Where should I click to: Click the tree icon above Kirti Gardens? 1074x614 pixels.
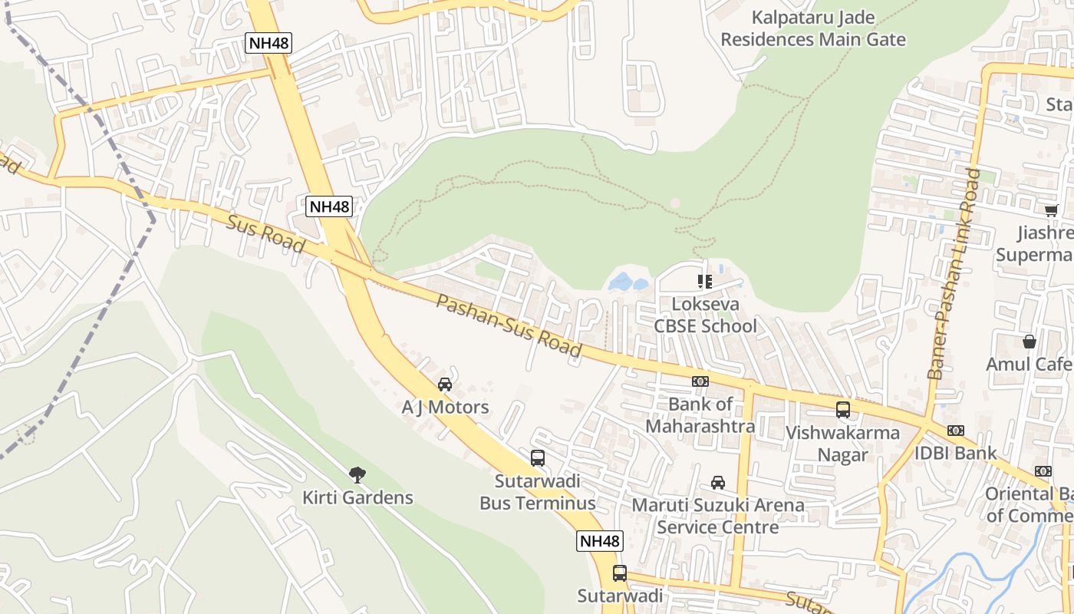[357, 475]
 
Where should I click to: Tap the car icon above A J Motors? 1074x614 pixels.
[444, 385]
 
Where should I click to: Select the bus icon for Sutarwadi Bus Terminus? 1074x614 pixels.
[538, 458]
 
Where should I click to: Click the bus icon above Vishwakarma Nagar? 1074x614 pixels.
[843, 410]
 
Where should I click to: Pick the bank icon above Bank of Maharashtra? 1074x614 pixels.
[700, 381]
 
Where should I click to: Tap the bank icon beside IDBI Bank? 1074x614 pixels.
[956, 431]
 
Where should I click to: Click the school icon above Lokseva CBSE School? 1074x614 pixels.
[704, 282]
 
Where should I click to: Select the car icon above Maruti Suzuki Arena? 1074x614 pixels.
[718, 483]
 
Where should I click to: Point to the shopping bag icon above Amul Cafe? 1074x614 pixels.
[1029, 342]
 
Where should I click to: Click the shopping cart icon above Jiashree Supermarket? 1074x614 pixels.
[1051, 210]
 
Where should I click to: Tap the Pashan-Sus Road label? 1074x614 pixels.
[509, 325]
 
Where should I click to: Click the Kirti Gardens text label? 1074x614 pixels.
[357, 497]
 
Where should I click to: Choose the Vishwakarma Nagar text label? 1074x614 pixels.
[842, 444]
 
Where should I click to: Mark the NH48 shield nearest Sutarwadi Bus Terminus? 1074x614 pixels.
[599, 541]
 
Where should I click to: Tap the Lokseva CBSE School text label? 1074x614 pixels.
[705, 315]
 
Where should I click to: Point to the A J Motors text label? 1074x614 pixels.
[445, 407]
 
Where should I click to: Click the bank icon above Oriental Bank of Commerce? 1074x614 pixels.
[1043, 471]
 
